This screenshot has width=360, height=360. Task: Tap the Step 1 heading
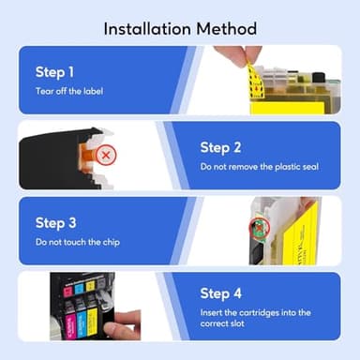tap(54, 71)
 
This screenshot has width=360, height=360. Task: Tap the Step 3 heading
tap(54, 222)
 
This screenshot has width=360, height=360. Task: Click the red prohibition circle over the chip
tap(256, 229)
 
